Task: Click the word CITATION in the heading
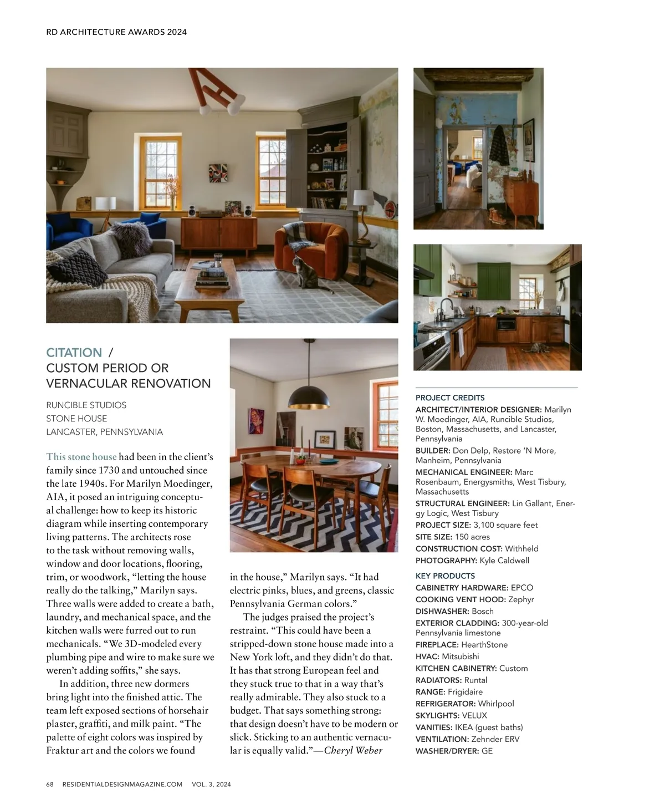pos(74,353)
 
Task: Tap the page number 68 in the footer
pos(50,784)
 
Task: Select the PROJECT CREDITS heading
pos(450,398)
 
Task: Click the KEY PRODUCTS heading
pos(445,576)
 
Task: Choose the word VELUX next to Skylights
pos(474,715)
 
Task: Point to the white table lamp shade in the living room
pos(363,197)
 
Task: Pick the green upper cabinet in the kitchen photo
pos(494,280)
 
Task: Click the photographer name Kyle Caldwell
pos(504,560)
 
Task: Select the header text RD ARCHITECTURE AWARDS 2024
pos(116,32)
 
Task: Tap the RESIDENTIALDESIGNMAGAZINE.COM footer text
pos(122,784)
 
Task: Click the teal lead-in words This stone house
pos(81,457)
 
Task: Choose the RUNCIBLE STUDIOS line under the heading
pos(86,405)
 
